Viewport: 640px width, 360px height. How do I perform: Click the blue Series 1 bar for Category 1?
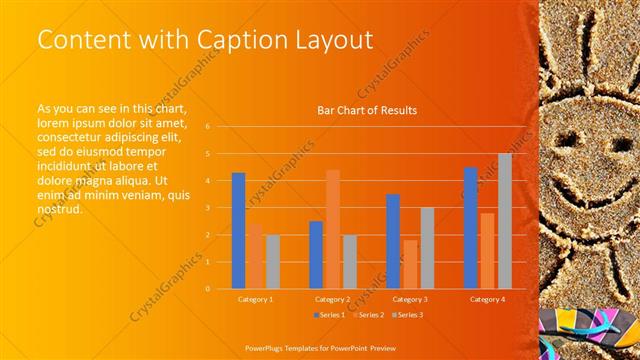click(x=238, y=231)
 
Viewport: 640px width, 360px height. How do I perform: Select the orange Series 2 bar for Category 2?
click(x=333, y=229)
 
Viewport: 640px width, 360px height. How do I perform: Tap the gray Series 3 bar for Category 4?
click(x=505, y=221)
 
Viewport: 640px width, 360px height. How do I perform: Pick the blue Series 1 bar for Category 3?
click(x=393, y=241)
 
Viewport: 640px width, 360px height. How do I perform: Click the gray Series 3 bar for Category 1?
click(x=273, y=262)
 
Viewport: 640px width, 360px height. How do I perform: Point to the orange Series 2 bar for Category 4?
click(x=487, y=251)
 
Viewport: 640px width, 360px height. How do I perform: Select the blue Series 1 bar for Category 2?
click(x=316, y=255)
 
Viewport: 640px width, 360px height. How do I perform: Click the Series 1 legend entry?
click(x=333, y=315)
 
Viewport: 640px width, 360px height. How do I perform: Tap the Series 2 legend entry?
click(x=370, y=315)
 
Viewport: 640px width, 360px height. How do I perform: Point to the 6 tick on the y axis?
click(x=208, y=127)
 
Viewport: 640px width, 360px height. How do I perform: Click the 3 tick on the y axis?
click(x=208, y=208)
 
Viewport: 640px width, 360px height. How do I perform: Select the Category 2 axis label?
click(x=333, y=299)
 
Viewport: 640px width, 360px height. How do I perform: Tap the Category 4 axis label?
click(x=487, y=299)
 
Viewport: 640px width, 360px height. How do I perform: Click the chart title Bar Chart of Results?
click(x=367, y=110)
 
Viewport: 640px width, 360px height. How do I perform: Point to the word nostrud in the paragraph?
click(x=59, y=210)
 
